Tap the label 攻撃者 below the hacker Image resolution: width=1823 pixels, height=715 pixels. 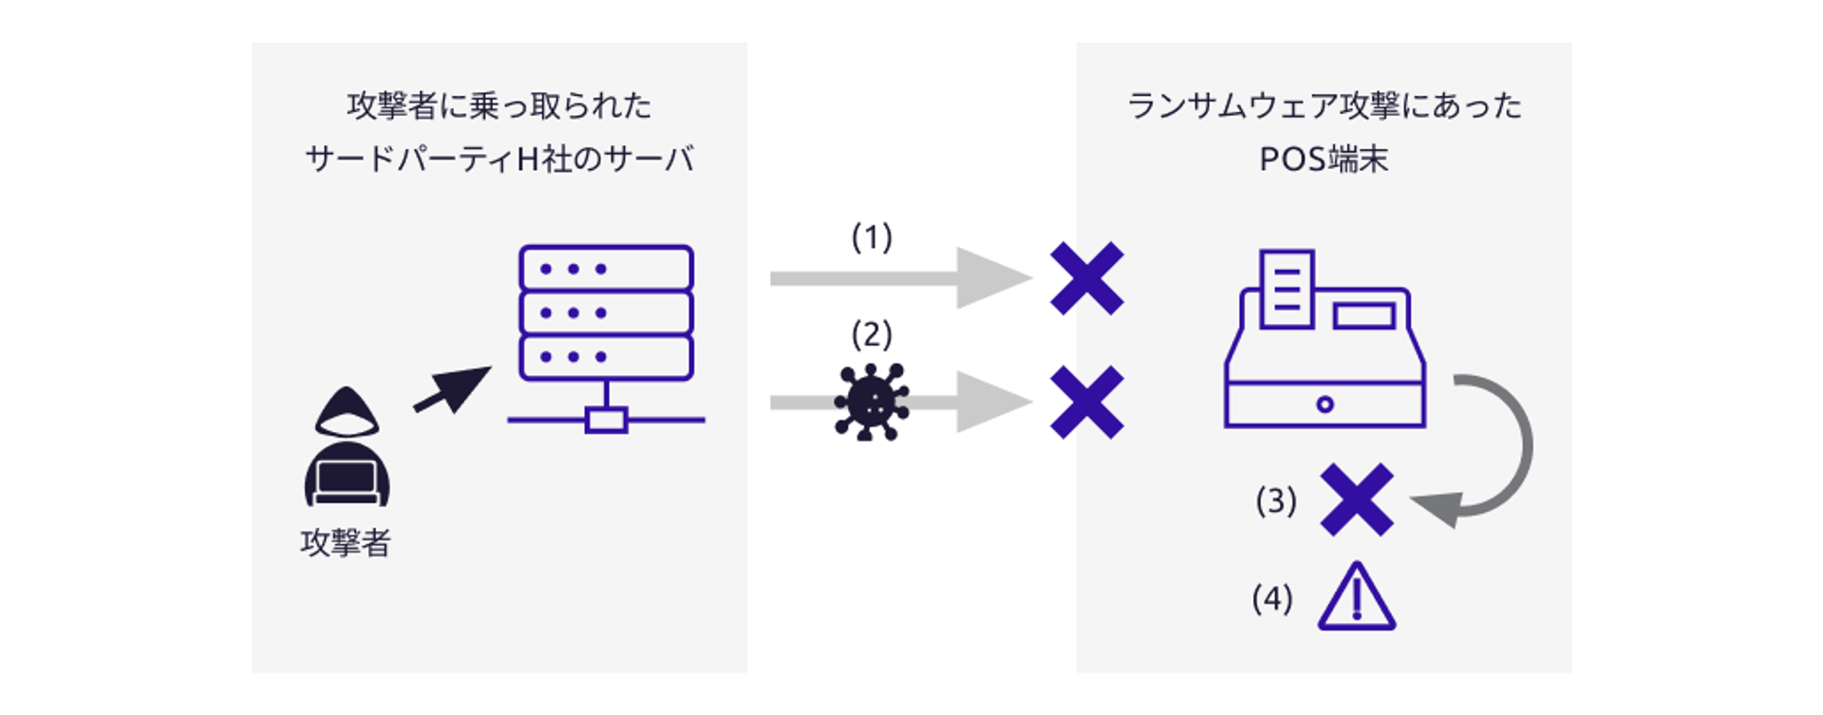pyautogui.click(x=346, y=543)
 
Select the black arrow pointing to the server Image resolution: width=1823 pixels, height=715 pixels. pyautogui.click(x=453, y=389)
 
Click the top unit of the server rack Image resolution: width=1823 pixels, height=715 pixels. pyautogui.click(x=606, y=269)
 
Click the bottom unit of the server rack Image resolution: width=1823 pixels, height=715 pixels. pyautogui.click(x=606, y=357)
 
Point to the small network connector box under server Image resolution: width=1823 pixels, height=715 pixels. pyautogui.click(x=606, y=420)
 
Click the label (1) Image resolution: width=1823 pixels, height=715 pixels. pyautogui.click(x=872, y=237)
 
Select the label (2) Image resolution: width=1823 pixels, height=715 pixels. pyautogui.click(x=872, y=335)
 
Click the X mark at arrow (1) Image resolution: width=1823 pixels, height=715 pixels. pyautogui.click(x=1087, y=278)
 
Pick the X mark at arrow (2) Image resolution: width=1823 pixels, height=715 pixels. pyautogui.click(x=1087, y=403)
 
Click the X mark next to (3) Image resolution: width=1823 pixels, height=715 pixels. pyautogui.click(x=1357, y=500)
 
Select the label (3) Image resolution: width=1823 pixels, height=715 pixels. pyautogui.click(x=1276, y=501)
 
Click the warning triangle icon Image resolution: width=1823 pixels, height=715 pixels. pyautogui.click(x=1357, y=599)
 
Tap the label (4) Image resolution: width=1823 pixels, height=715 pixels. pyautogui.click(x=1272, y=599)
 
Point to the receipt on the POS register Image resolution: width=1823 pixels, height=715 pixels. pyautogui.click(x=1287, y=289)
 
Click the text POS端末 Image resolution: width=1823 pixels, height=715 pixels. pyautogui.click(x=1324, y=160)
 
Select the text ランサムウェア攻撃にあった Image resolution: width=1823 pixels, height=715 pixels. pyautogui.click(x=1324, y=105)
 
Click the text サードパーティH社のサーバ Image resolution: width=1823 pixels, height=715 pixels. pyautogui.click(x=499, y=160)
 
